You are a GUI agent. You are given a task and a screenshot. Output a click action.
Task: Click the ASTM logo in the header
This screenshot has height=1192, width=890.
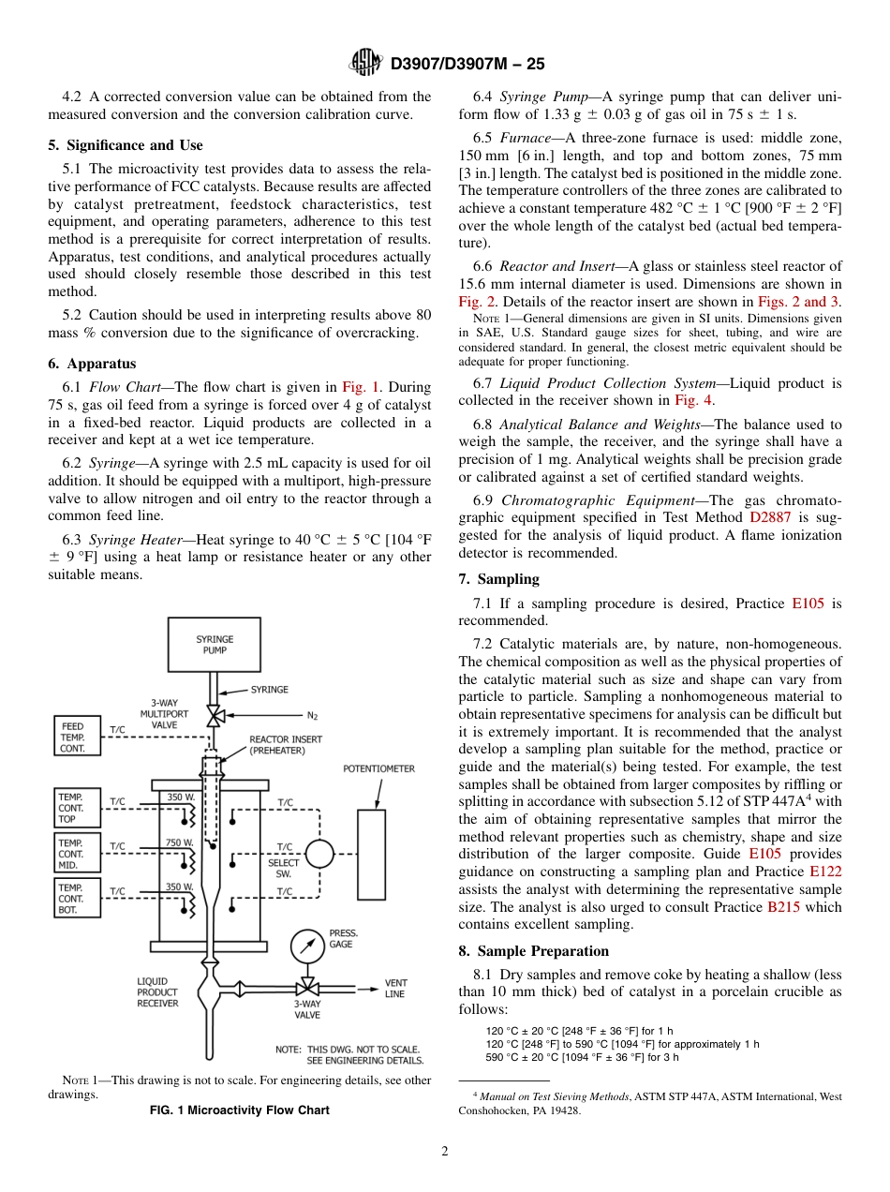[365, 63]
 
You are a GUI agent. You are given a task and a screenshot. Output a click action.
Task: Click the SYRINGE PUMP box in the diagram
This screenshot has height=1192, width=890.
[215, 645]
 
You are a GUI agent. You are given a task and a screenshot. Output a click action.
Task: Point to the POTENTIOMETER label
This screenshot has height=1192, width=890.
[378, 768]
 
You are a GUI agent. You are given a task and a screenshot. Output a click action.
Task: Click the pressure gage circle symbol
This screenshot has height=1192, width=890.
[305, 945]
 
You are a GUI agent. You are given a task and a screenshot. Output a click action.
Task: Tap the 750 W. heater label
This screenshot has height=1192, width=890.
[180, 842]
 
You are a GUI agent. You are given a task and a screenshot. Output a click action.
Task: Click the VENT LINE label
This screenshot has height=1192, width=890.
[395, 989]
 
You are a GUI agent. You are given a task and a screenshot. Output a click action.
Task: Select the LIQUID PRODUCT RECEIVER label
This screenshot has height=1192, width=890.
[157, 992]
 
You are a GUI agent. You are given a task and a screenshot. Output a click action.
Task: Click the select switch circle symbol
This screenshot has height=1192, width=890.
[319, 854]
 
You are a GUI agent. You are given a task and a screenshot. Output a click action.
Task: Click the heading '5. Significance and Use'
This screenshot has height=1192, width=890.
[126, 145]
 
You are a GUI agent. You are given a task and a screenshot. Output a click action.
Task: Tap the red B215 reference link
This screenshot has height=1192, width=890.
[783, 907]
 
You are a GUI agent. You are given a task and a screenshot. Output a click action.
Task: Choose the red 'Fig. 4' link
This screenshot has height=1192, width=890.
[693, 400]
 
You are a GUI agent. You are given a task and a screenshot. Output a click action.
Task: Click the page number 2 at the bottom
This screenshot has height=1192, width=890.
[445, 1152]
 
